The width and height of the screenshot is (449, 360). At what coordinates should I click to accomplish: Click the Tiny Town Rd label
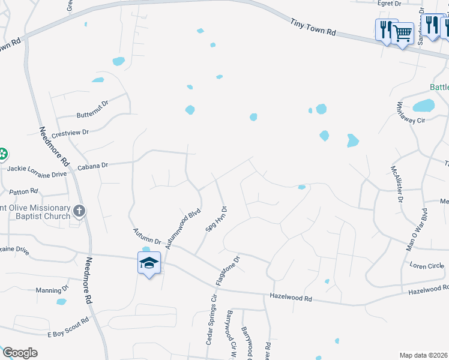pos(313,29)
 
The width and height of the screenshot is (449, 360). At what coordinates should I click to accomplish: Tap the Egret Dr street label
pos(389,4)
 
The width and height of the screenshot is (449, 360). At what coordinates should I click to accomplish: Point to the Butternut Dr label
pos(92,110)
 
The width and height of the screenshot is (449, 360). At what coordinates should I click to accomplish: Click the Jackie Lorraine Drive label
pos(37,175)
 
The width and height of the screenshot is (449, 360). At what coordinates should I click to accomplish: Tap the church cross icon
pos(79,211)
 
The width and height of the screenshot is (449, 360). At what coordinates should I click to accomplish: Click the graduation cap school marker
pos(149,262)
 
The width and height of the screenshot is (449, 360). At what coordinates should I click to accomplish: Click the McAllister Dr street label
pos(396,185)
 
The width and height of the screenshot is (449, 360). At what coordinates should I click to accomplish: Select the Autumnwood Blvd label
pos(182,229)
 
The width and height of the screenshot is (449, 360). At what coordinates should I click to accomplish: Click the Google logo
pos(20,353)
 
